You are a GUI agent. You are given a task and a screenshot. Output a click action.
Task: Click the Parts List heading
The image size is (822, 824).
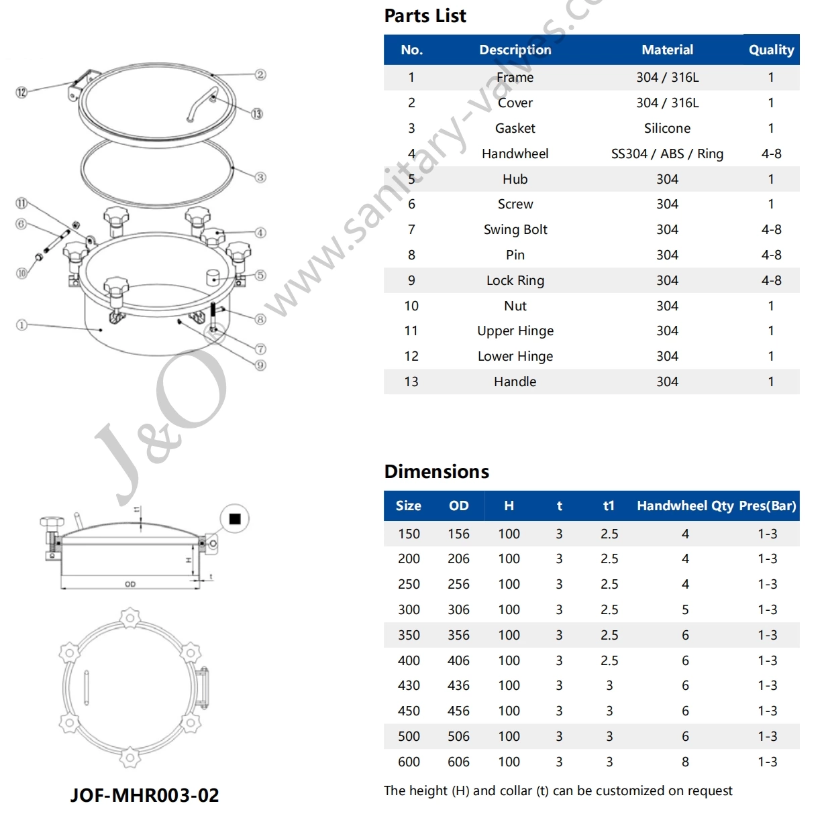(425, 16)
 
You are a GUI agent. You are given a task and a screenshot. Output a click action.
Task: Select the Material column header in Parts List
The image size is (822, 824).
(667, 50)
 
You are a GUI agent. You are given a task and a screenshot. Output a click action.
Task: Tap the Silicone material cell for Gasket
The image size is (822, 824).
(667, 128)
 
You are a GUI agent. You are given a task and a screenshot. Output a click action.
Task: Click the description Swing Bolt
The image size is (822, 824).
(515, 230)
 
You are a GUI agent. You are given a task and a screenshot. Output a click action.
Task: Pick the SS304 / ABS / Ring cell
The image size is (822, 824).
(667, 154)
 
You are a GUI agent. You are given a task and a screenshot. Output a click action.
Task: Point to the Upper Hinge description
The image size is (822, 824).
(515, 331)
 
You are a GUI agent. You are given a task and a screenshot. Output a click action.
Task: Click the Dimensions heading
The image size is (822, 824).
(436, 471)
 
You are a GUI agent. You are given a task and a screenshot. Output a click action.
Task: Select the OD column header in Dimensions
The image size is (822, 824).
(459, 506)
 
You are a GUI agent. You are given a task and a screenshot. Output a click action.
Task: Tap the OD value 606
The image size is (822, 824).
(459, 762)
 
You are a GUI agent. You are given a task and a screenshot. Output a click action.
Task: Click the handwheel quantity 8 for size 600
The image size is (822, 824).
(685, 762)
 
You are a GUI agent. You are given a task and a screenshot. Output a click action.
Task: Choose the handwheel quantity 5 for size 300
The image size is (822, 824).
(685, 610)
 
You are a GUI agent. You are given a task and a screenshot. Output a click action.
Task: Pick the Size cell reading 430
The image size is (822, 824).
(409, 686)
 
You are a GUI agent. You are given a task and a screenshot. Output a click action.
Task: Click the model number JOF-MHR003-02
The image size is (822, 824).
(145, 796)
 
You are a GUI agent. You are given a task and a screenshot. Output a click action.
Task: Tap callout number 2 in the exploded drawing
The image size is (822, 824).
(260, 74)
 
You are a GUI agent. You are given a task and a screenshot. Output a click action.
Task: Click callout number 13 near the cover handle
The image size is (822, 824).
(257, 114)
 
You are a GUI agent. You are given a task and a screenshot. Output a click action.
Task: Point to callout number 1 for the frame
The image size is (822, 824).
(21, 325)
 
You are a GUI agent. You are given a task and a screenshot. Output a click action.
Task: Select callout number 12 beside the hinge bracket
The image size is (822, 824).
(21, 92)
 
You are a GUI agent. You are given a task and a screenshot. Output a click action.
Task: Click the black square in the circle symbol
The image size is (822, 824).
(235, 519)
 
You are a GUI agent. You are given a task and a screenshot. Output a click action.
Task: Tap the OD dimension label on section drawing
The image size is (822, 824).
(130, 585)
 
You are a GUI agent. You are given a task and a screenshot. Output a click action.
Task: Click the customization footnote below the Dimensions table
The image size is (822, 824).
(558, 791)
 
